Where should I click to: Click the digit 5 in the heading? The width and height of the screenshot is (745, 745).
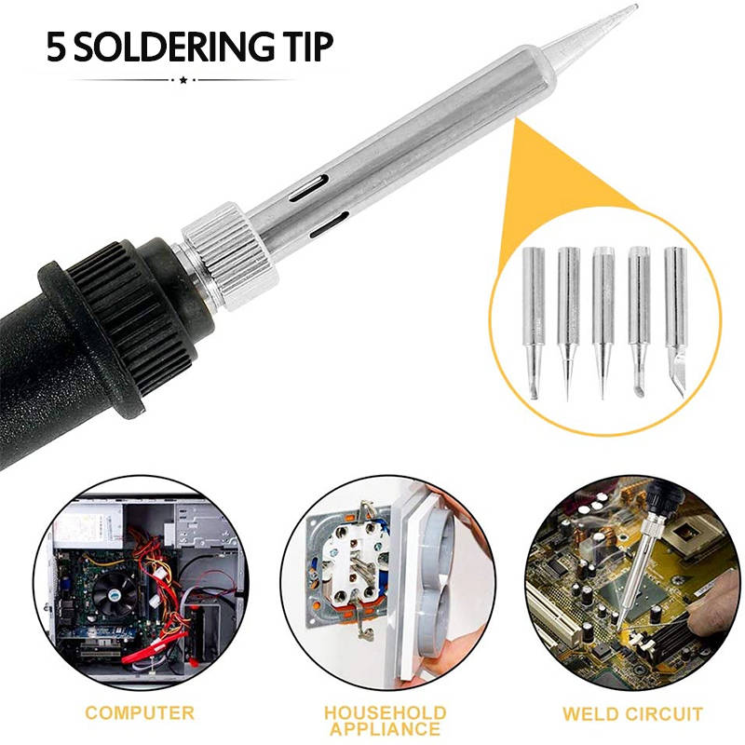coord(56,47)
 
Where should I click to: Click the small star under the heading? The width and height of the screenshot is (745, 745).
coord(183,80)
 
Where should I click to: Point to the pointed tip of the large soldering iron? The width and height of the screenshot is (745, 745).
coord(636,7)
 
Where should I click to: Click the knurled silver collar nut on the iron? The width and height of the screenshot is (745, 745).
coord(229,257)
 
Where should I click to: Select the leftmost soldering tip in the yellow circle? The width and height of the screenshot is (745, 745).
coord(534,323)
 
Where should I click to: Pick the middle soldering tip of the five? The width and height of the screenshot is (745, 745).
coord(603,323)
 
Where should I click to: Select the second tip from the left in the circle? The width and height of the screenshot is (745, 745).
coord(568,323)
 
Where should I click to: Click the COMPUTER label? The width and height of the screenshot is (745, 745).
coord(140,713)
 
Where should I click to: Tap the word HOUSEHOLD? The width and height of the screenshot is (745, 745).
coord(386,713)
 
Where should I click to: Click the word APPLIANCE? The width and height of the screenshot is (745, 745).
coord(386,729)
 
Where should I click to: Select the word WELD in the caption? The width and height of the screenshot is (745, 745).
coord(589,714)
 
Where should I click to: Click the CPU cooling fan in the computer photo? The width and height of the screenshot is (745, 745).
coord(115,595)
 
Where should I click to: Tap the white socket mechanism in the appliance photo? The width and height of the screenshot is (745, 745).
coord(351,564)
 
